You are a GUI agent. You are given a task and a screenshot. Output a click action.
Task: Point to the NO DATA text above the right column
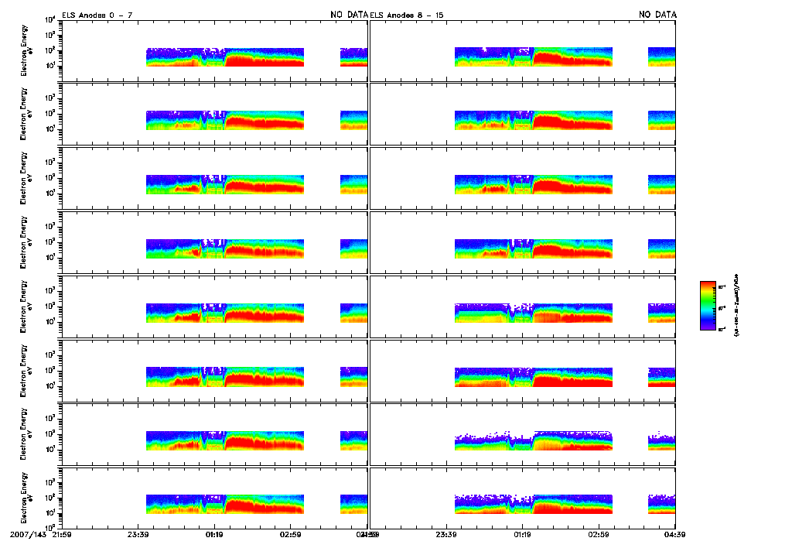[657, 15]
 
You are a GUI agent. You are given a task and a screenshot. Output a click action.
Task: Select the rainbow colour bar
[707, 306]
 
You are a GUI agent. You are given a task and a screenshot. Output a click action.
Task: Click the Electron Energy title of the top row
[24, 50]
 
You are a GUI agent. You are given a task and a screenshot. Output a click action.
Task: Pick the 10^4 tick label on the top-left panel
[49, 19]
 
